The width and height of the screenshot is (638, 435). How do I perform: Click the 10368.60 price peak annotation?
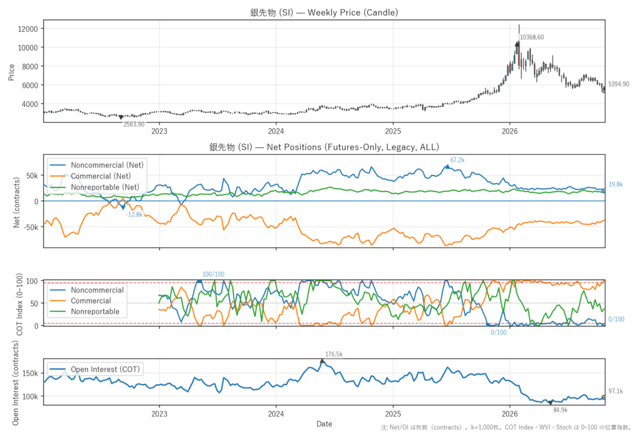(532, 37)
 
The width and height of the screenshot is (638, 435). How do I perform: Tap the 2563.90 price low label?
(134, 124)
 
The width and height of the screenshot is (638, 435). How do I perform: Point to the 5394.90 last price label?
(619, 84)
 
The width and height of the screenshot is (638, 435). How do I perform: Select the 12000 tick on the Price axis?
(27, 29)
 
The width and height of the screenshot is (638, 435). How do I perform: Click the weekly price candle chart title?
(324, 12)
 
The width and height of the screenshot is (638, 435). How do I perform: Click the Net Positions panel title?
(324, 147)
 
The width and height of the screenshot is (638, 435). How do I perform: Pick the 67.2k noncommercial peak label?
(457, 160)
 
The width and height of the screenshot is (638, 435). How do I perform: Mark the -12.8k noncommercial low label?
(135, 215)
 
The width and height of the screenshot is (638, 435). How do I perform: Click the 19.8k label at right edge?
(616, 185)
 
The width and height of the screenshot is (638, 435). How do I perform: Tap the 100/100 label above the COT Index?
(213, 274)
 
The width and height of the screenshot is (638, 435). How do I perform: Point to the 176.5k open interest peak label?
(334, 355)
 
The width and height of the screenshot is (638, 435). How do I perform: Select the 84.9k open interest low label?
(560, 410)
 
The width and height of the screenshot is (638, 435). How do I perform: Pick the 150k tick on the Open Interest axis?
(31, 373)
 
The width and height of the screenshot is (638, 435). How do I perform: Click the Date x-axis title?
(324, 424)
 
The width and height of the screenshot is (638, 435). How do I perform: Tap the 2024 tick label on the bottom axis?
(276, 414)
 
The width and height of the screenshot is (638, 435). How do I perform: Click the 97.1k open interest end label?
(616, 391)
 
